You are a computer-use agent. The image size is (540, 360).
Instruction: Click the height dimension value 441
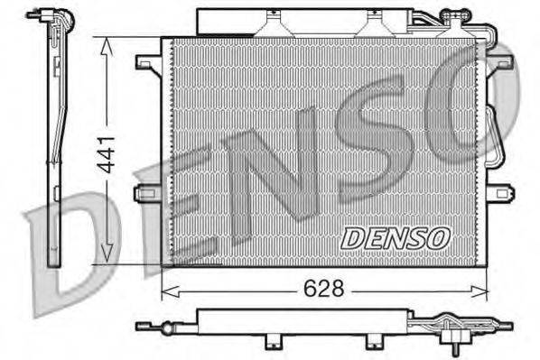[107, 154]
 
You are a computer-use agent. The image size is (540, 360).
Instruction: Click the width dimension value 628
[323, 289]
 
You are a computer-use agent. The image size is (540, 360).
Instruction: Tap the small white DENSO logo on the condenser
[395, 237]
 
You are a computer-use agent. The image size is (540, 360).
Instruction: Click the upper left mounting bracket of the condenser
[147, 63]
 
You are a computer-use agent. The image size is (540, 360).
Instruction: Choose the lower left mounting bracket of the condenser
[147, 193]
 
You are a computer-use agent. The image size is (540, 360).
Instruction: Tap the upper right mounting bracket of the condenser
[500, 63]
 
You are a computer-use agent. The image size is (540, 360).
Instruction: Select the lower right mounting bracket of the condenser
[499, 193]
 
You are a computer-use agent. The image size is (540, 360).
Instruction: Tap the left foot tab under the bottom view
[270, 344]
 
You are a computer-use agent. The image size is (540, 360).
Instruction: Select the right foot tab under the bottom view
[371, 344]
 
